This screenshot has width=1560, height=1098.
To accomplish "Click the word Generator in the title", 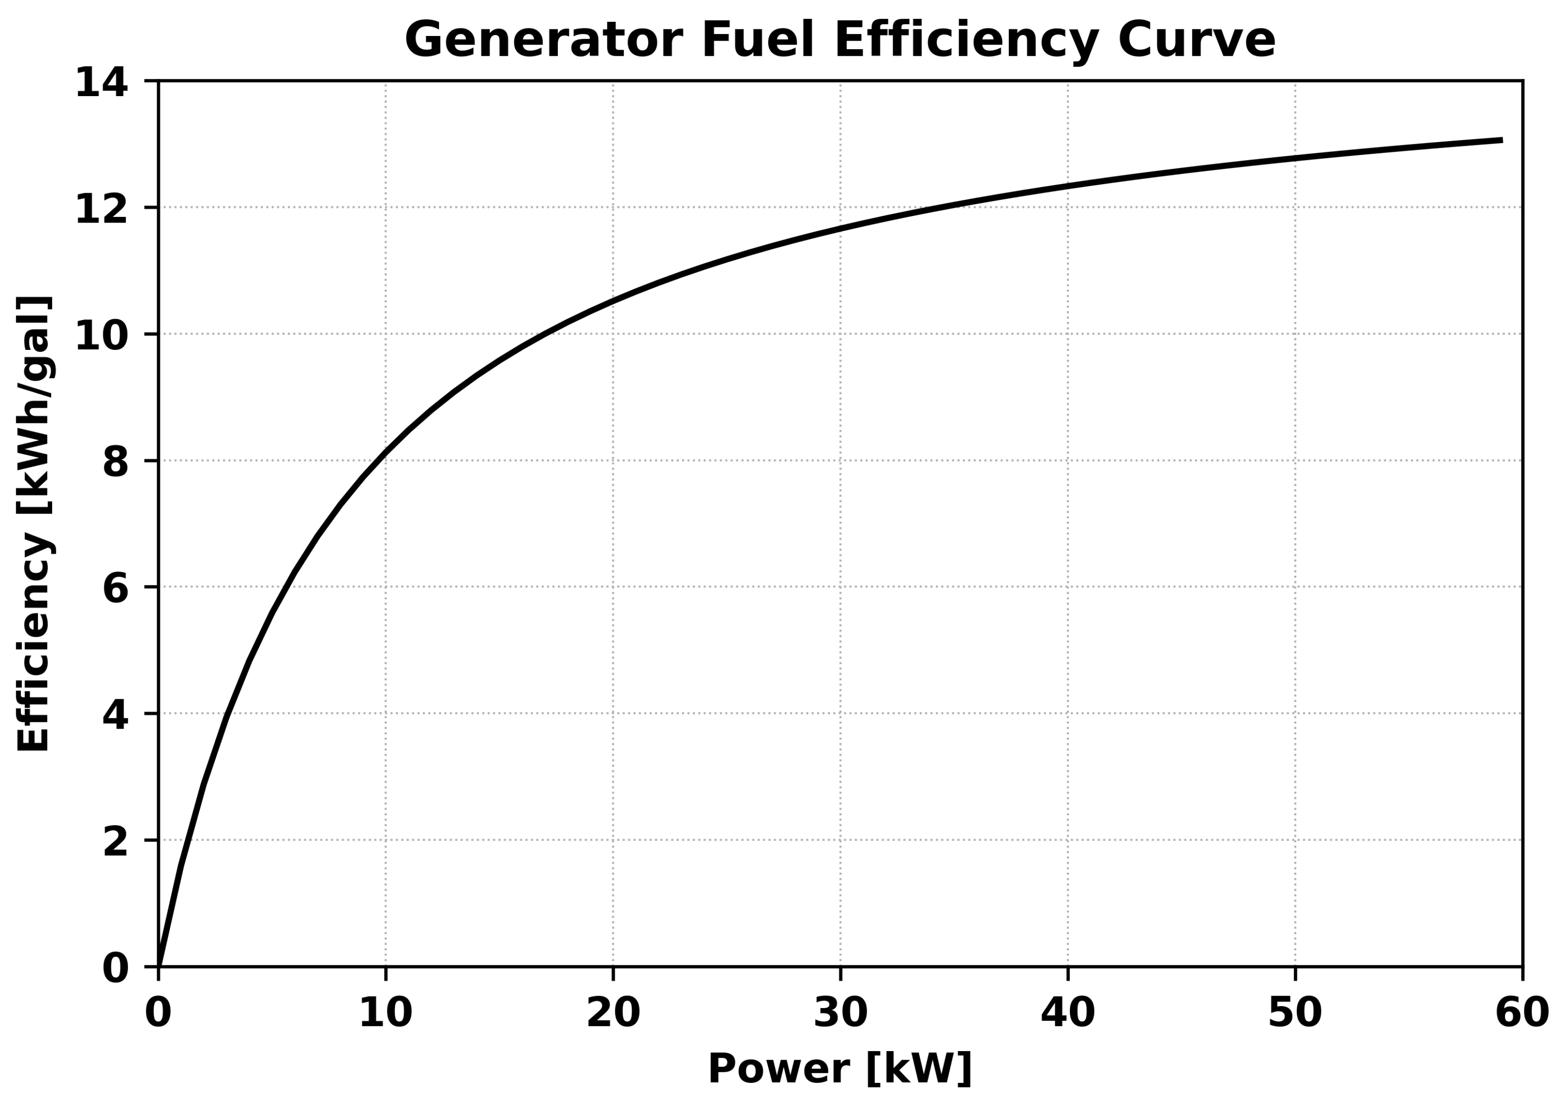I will tap(544, 41).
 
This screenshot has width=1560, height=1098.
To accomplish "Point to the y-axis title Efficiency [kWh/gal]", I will tap(33, 523).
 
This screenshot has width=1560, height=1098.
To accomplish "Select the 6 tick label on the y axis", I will tap(116, 589).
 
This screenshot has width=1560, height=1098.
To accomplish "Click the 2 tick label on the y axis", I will tap(116, 842).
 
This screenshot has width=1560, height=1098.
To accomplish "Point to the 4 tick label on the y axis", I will tap(116, 715).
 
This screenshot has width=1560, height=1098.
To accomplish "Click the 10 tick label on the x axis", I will tap(385, 1013).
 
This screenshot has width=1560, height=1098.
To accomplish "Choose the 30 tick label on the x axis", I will tap(841, 1013).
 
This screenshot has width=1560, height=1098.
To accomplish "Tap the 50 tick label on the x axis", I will tap(1295, 1013).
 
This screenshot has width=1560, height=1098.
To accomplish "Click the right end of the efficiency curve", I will tap(1502, 140).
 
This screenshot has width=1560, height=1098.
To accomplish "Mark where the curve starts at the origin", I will tap(159, 965).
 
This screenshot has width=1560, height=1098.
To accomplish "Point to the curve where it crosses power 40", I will tap(1068, 185).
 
